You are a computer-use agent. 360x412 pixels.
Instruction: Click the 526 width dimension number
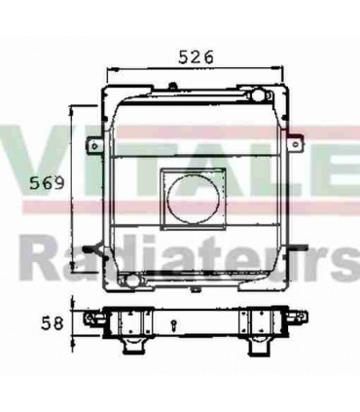197,57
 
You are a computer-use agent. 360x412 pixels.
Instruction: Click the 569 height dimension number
45,182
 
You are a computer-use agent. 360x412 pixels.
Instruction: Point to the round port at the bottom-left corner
124,282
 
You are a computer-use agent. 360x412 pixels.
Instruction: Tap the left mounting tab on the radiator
93,146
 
